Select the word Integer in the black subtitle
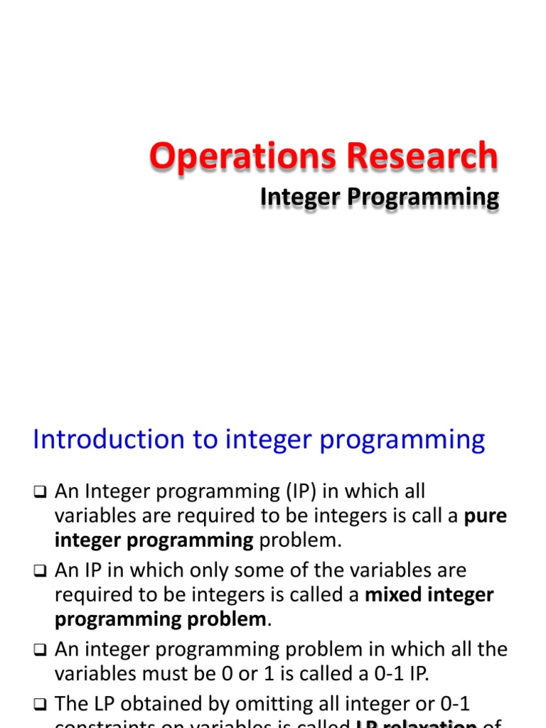299,197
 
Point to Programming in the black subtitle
422,197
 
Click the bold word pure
486,516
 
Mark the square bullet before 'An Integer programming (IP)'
40,492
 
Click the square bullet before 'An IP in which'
40,571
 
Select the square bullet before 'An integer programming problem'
40,649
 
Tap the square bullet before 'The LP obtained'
40,705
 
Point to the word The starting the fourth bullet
71,704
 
